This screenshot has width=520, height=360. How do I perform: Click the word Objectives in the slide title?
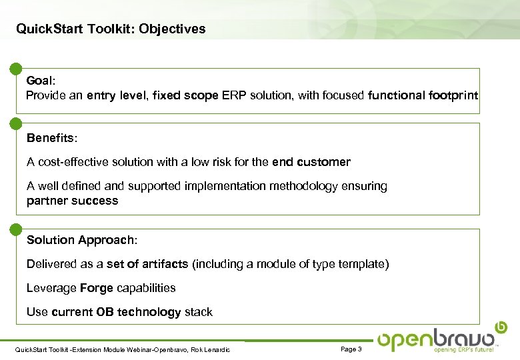point(173,29)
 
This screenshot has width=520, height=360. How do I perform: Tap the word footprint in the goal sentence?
point(453,95)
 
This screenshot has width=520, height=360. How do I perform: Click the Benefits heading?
point(51,138)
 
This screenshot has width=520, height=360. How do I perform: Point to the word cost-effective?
point(73,162)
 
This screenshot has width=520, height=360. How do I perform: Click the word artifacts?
point(165,264)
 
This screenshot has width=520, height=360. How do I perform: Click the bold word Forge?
point(96,288)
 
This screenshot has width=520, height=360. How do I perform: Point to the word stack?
point(199,312)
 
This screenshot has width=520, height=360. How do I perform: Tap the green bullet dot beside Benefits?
point(15,123)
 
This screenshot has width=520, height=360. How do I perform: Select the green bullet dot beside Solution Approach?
point(15,230)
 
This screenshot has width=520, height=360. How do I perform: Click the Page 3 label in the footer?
point(351,349)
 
